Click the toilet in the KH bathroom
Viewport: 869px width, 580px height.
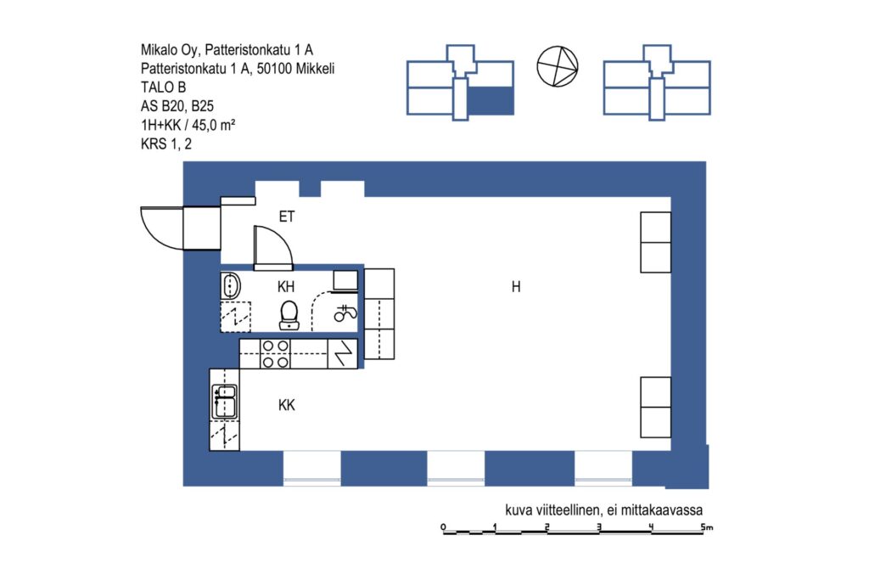point(289,315)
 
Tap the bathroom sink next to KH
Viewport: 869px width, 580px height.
point(230,286)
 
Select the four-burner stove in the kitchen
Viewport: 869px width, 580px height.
point(276,354)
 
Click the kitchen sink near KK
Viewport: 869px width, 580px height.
point(224,402)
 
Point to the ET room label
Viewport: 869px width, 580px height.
point(287,217)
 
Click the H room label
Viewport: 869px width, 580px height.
point(516,287)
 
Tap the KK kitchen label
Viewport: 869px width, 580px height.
point(287,405)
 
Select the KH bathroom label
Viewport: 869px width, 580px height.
point(286,287)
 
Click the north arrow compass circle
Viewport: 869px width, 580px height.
point(558,66)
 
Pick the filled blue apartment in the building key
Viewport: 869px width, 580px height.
point(491,101)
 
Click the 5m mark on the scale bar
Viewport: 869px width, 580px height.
point(706,527)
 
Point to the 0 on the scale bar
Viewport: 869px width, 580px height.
point(443,527)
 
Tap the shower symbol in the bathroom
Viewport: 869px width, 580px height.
point(345,314)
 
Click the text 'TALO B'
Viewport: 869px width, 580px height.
point(163,87)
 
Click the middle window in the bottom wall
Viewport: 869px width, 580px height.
point(456,469)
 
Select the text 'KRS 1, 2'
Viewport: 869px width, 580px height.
point(166,144)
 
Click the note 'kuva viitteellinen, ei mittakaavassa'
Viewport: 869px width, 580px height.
point(604,510)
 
